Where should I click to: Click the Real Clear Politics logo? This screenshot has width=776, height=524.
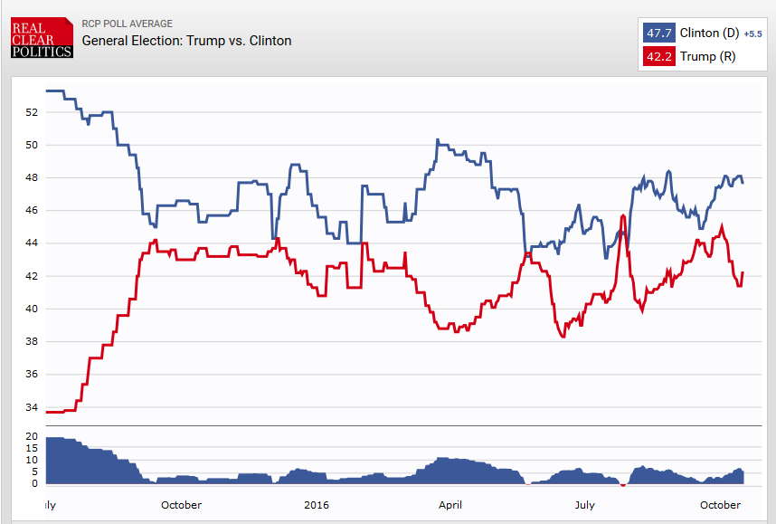42,39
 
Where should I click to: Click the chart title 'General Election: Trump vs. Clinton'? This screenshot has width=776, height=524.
186,41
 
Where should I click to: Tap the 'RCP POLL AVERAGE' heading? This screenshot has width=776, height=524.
127,24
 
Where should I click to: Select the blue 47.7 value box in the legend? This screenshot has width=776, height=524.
658,33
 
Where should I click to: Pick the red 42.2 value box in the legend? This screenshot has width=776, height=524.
658,57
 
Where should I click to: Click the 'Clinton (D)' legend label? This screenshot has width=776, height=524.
708,33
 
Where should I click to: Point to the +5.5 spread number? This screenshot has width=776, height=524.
752,34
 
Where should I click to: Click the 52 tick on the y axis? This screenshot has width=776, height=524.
32,112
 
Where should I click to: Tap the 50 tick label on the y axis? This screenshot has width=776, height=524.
32,145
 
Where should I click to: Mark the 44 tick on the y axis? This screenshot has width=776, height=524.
32,243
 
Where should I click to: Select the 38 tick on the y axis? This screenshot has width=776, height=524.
32,342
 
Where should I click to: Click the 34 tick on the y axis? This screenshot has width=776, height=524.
32,407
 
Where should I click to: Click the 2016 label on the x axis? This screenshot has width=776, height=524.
317,505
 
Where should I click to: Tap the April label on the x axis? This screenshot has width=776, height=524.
450,505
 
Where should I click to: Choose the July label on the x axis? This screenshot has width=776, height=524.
584,505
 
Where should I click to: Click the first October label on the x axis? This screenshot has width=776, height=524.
182,505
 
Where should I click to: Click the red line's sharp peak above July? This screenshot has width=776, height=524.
622,215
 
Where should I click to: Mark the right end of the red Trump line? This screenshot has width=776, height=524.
743,272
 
